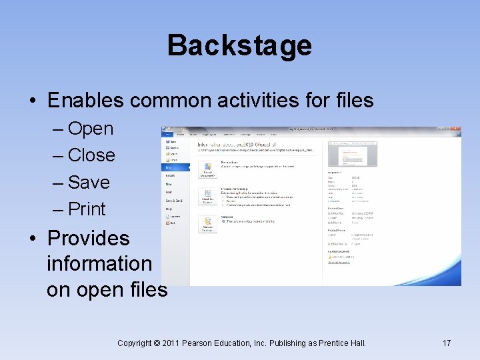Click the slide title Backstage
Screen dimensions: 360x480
pos(239,45)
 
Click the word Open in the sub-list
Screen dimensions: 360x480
pos(91,129)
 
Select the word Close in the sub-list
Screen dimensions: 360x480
pos(91,155)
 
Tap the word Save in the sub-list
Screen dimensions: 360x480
pos(89,182)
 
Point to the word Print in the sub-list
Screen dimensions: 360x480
pos(87,209)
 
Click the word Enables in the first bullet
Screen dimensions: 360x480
pos(85,101)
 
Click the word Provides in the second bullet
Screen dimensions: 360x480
pos(89,238)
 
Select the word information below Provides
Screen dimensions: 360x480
pos(99,263)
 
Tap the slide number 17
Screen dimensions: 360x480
pos(447,343)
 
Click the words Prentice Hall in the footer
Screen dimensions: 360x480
pos(341,343)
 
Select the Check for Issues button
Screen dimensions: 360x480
pos(207,197)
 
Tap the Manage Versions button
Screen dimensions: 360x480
pos(207,224)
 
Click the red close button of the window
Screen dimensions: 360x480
pos(457,130)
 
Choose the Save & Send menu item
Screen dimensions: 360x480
pos(175,200)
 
